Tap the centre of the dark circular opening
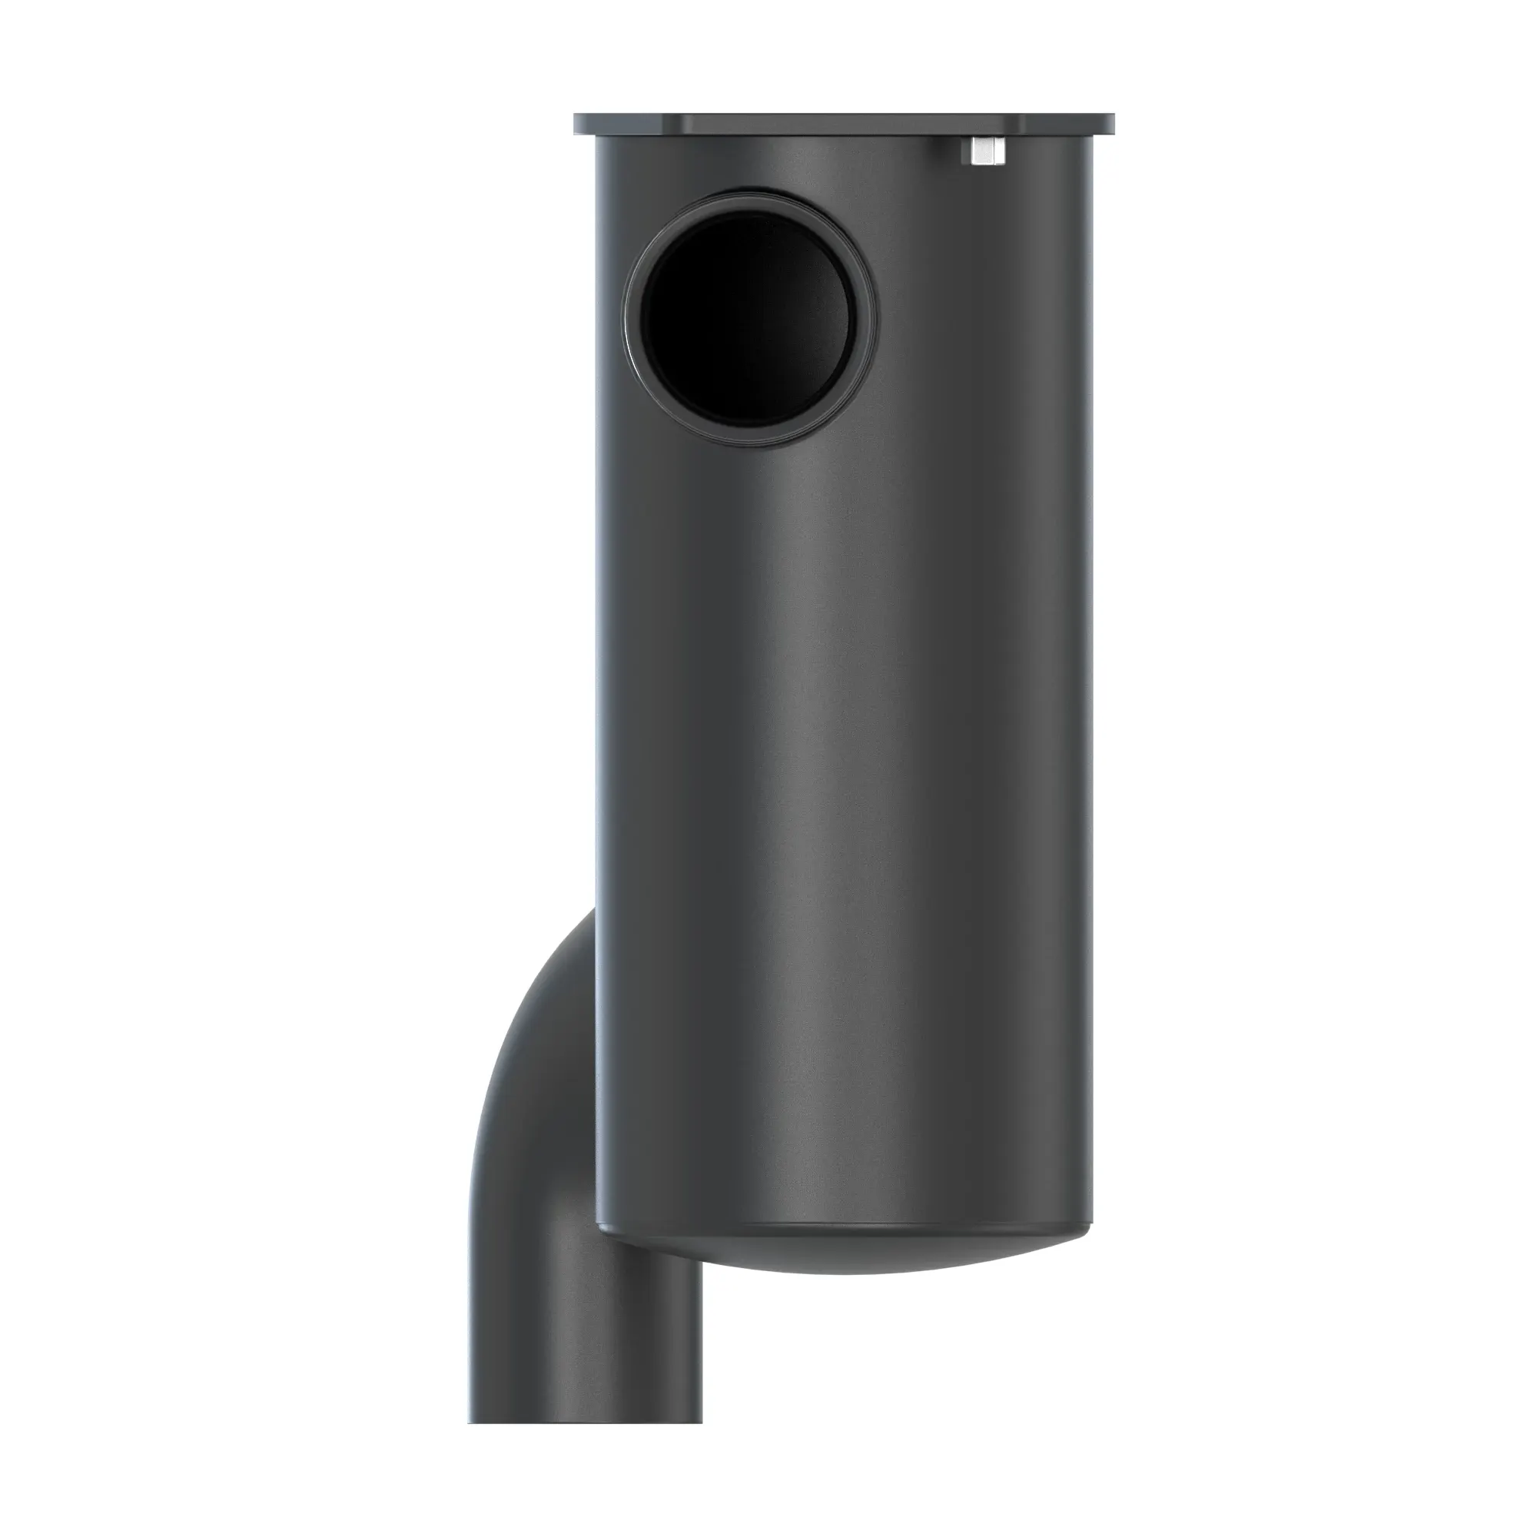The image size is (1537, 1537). [x=751, y=314]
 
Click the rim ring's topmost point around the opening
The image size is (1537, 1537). [x=751, y=188]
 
